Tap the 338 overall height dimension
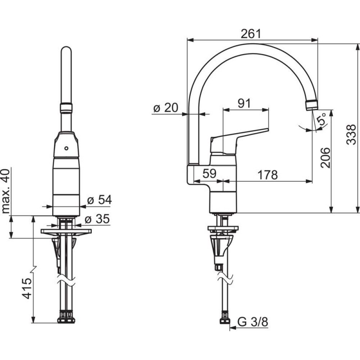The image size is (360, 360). [351, 134]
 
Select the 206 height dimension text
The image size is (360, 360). [325, 158]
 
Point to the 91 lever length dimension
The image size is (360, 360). [245, 103]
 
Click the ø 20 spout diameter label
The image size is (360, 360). [166, 108]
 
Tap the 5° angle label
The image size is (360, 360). [321, 119]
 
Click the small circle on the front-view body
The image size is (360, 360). [66, 148]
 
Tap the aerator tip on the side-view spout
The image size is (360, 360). [312, 105]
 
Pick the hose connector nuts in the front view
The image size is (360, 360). [66, 319]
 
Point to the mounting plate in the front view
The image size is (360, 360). [66, 231]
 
